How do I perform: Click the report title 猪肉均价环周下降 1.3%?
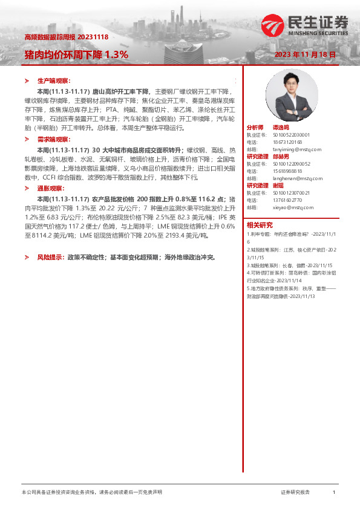tap(76, 54)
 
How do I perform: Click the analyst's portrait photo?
tap(300, 96)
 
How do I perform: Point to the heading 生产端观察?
tap(54, 80)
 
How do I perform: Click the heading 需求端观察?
tap(54, 139)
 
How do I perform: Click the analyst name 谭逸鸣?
tap(280, 128)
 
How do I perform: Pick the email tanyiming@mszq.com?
tap(297, 149)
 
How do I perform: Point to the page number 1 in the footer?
tap(334, 493)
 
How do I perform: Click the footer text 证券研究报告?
tap(295, 493)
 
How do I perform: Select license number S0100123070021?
tap(291, 192)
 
